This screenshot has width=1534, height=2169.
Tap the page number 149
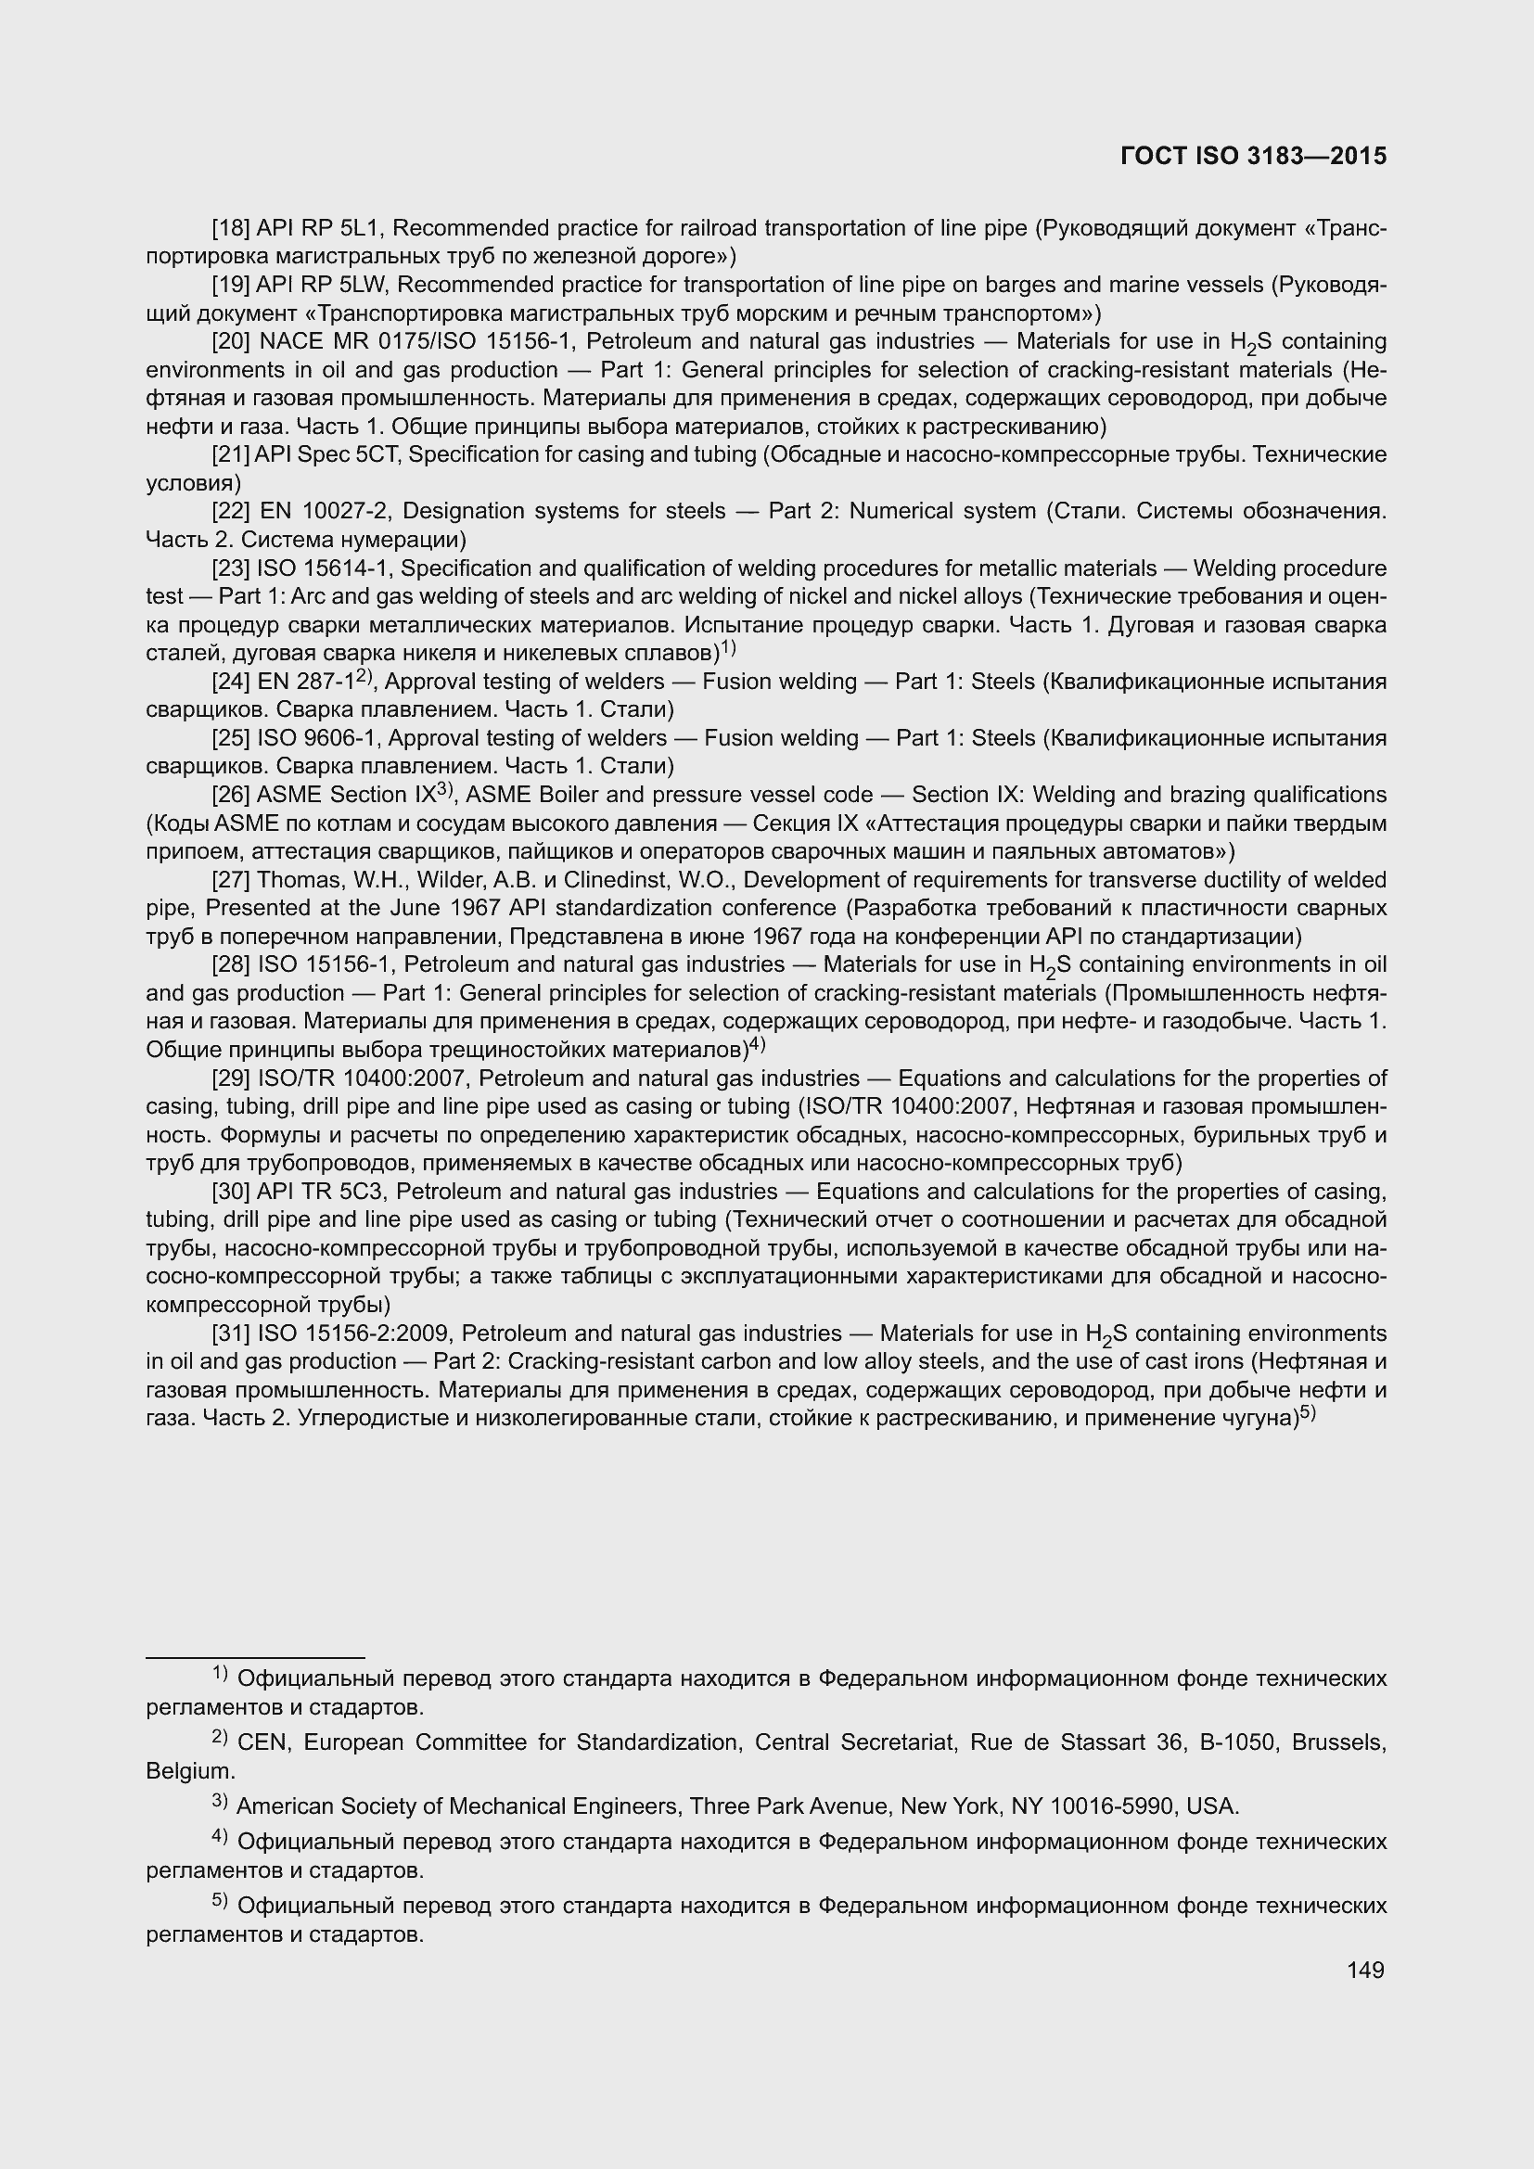pos(1365,1970)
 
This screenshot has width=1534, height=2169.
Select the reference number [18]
pos(231,228)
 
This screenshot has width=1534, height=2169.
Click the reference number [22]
pos(231,511)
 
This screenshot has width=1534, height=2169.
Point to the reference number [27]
pos(231,879)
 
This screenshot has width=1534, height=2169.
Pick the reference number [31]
pos(231,1333)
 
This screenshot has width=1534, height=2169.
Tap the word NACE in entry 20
pos(290,341)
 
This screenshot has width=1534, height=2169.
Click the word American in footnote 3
pos(283,1806)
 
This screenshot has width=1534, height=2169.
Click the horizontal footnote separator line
pos(255,1657)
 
